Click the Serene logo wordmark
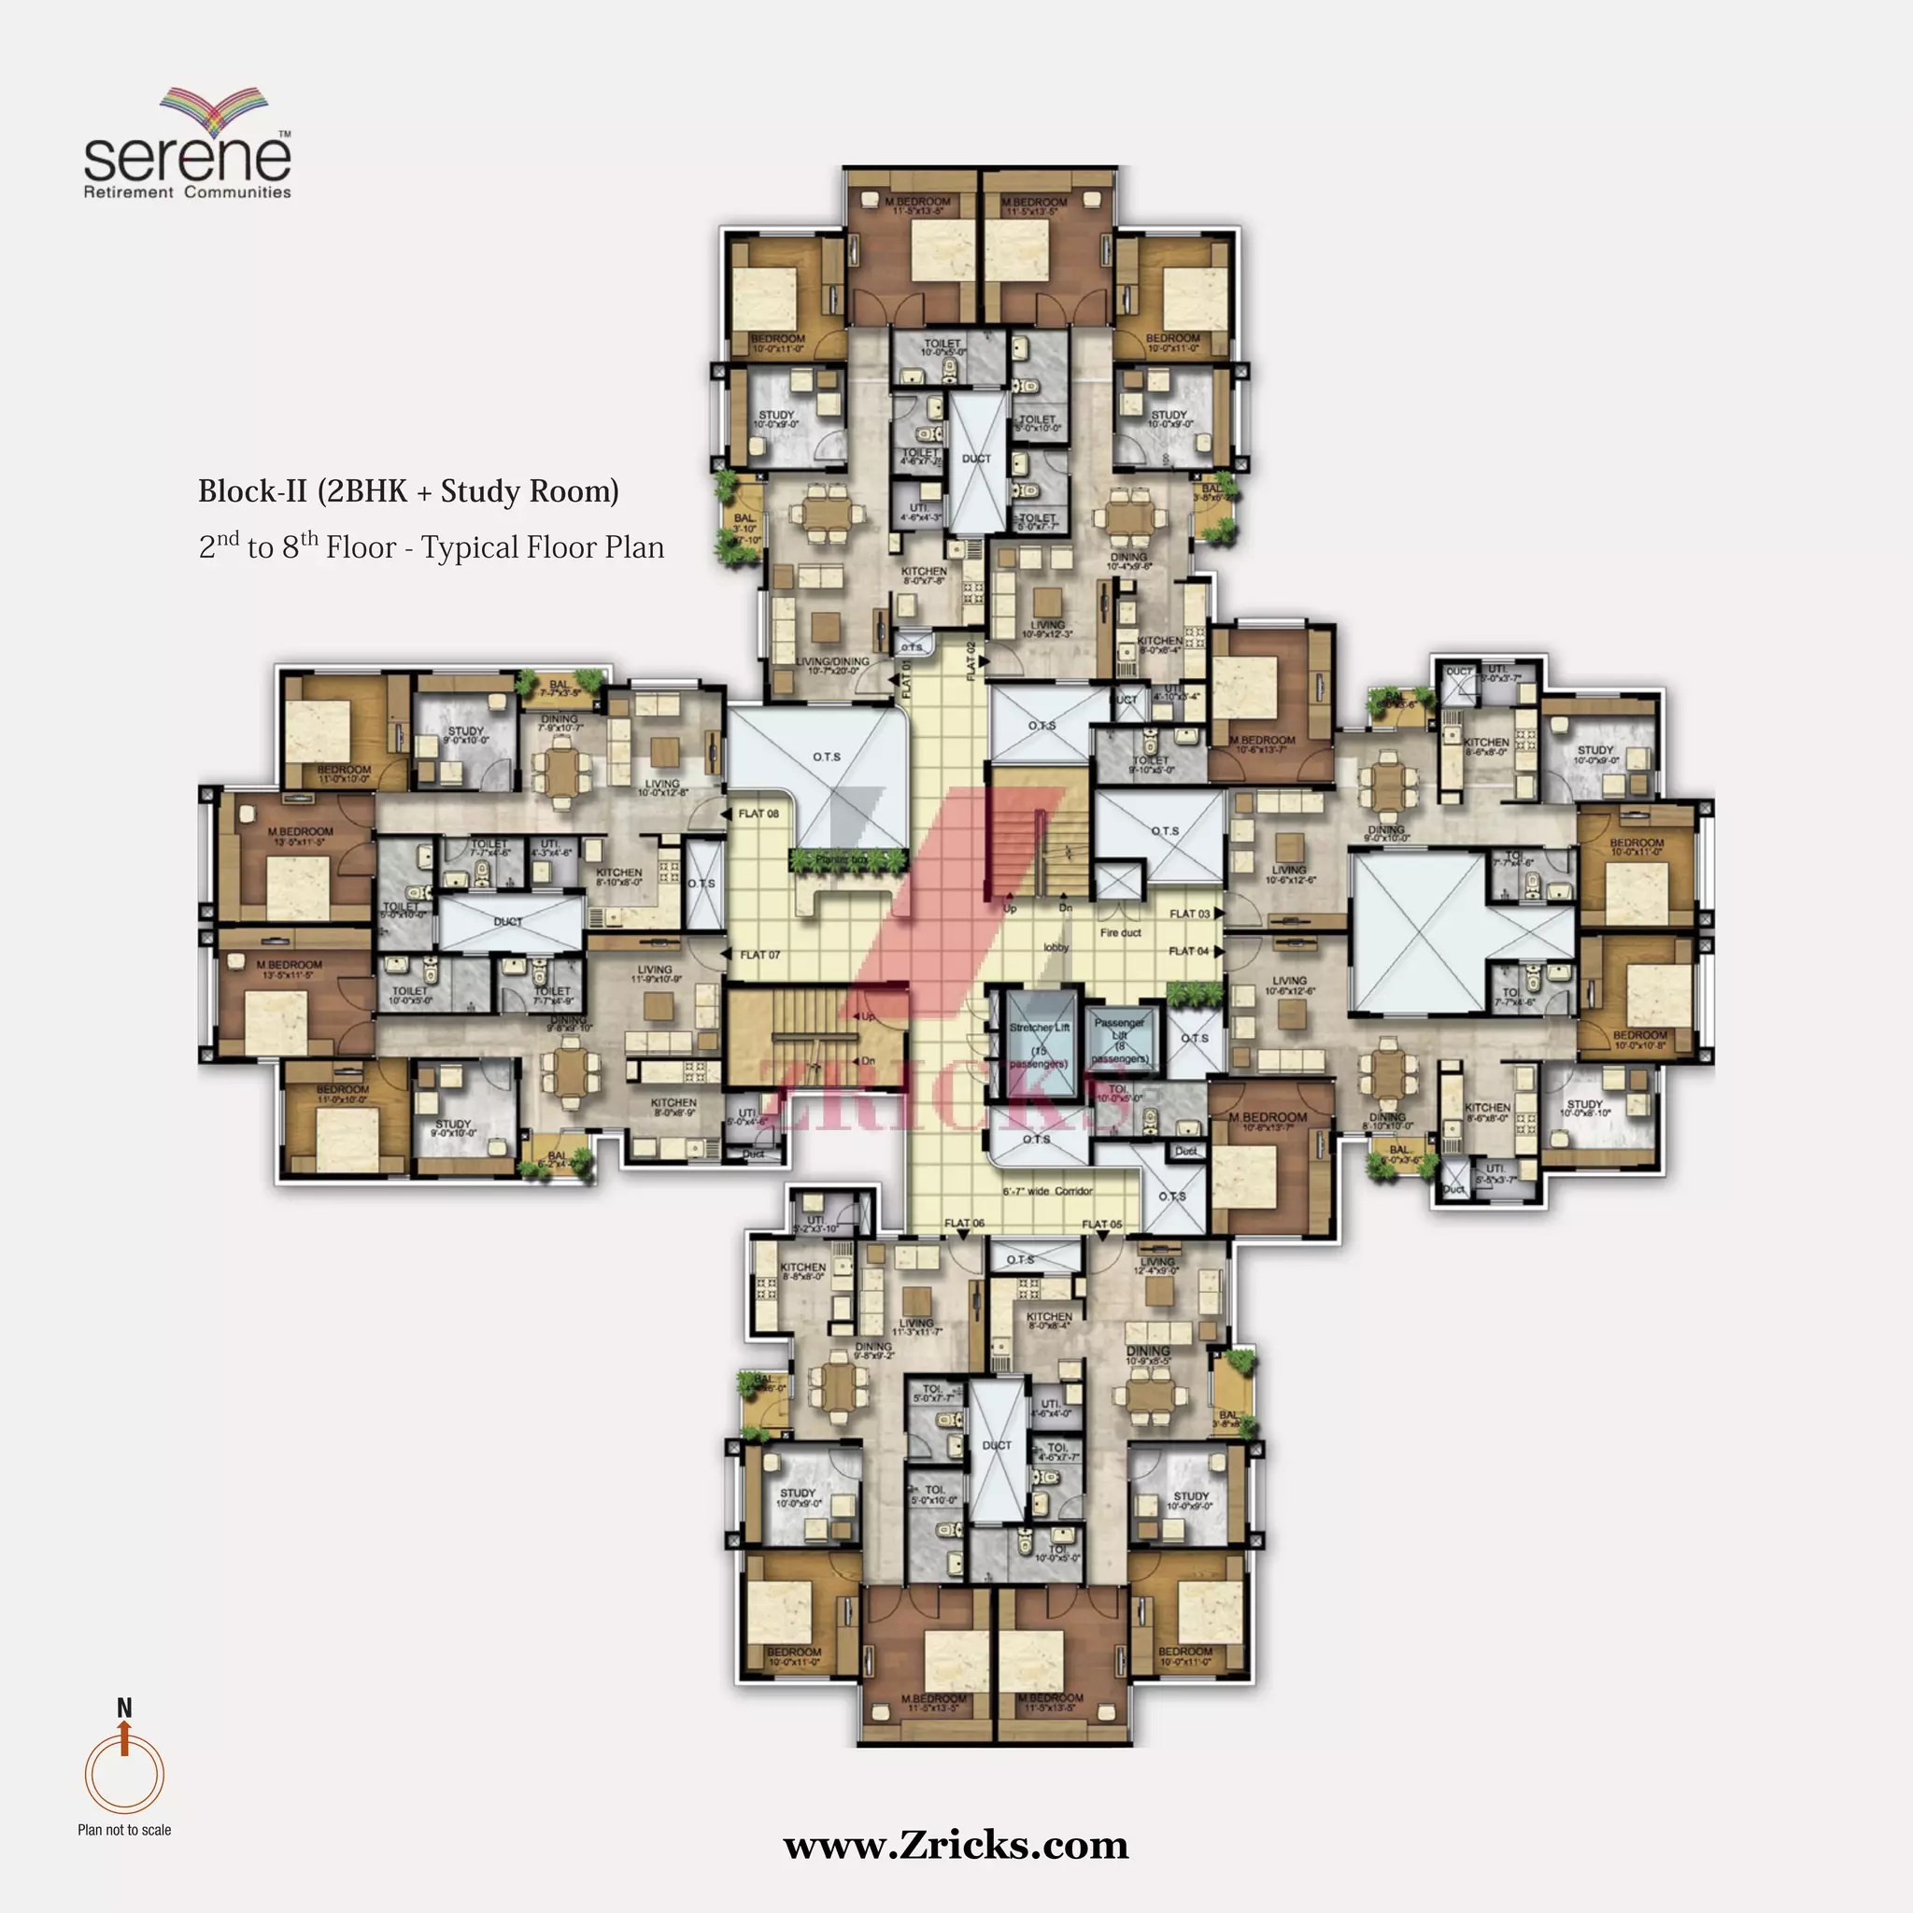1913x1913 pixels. pos(187,156)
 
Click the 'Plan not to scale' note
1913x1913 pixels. pos(124,1830)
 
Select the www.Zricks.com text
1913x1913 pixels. pos(956,1846)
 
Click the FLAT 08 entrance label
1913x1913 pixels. pos(758,814)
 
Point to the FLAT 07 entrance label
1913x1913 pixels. pos(759,956)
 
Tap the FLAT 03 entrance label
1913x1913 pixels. pos(1189,914)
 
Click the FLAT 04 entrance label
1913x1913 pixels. pos(1188,952)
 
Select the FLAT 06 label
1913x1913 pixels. pos(963,1224)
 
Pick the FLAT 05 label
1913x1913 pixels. pos(1101,1225)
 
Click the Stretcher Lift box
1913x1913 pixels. pos(1039,1045)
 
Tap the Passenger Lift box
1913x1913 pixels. pos(1120,1040)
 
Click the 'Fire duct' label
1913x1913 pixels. pos(1120,933)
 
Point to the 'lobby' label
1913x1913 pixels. pos(1056,947)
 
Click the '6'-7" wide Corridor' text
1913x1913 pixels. pos(1046,1191)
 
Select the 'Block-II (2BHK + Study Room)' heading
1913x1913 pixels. pos(408,491)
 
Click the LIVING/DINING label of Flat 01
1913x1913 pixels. pos(831,665)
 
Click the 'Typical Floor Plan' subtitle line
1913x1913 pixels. pos(431,547)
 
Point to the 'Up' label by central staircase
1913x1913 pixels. pos(1010,908)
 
